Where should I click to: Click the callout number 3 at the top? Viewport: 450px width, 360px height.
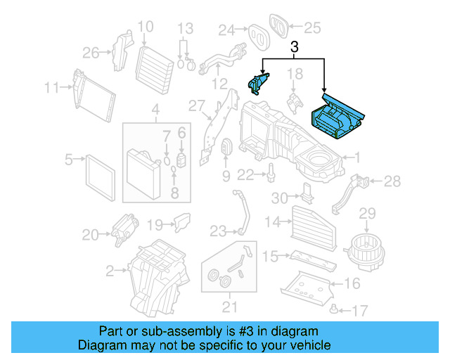pos(295,48)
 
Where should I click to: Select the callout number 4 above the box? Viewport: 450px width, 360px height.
pos(155,110)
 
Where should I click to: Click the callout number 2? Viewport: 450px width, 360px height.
pos(110,270)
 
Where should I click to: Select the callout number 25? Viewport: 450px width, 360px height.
pos(311,29)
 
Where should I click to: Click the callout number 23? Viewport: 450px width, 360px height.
pos(218,231)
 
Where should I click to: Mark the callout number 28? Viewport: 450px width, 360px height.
pos(392,182)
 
